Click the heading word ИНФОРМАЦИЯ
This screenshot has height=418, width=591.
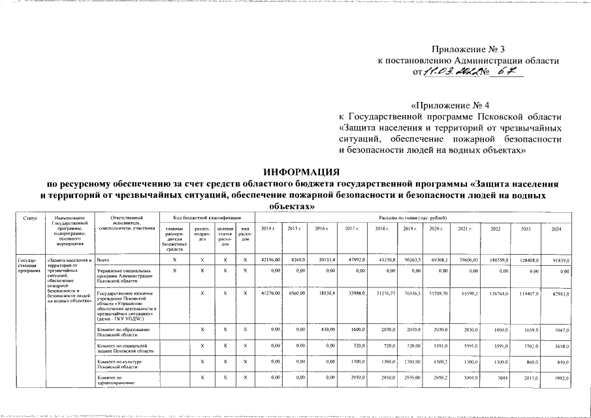(x=301, y=172)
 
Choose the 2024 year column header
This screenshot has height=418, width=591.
(x=557, y=228)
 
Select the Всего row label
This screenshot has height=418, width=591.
(x=102, y=260)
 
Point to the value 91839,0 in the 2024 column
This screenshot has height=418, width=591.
(x=561, y=261)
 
